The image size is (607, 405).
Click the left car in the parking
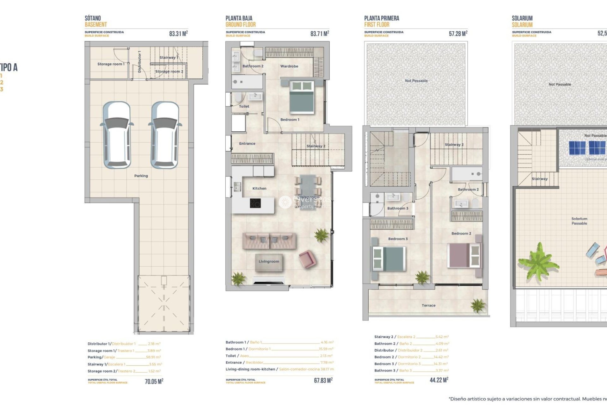pos(117,135)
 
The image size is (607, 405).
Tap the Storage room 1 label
pos(111,64)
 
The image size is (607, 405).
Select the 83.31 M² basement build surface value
pos(178,34)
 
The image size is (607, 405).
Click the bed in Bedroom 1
pos(302,97)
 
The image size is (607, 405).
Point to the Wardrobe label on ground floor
pos(289,66)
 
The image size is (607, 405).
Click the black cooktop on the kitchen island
pos(255,203)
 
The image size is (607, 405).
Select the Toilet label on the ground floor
pos(244,107)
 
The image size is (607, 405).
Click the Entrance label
pos(247,144)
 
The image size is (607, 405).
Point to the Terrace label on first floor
pos(428,306)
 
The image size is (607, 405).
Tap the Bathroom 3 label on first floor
pos(398,209)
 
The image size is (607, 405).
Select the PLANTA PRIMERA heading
pos(381,18)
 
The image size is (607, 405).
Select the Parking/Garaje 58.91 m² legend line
pos(124,357)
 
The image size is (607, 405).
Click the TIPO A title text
pos(9,67)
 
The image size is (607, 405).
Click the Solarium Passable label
pos(579,221)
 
